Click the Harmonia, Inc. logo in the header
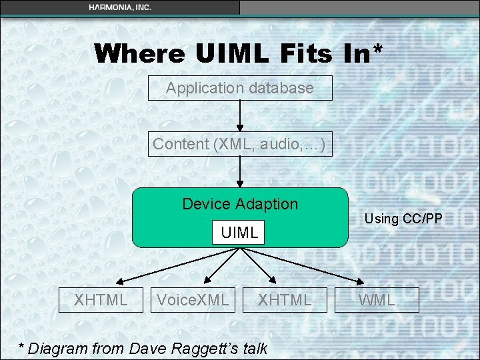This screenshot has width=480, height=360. tap(120, 7)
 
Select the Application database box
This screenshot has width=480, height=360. tap(240, 88)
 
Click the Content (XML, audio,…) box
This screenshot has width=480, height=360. tap(240, 144)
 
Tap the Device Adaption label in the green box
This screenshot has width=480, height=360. tap(240, 204)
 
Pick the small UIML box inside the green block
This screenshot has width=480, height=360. tap(239, 233)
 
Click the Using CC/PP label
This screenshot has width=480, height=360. tap(403, 219)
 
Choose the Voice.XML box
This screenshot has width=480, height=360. tap(193, 300)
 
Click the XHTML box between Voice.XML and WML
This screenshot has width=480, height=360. tap(285, 300)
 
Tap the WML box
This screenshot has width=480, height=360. tap(377, 300)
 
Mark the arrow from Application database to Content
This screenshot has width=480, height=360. tap(240, 116)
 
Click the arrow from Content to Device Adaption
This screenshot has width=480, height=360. tap(240, 172)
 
